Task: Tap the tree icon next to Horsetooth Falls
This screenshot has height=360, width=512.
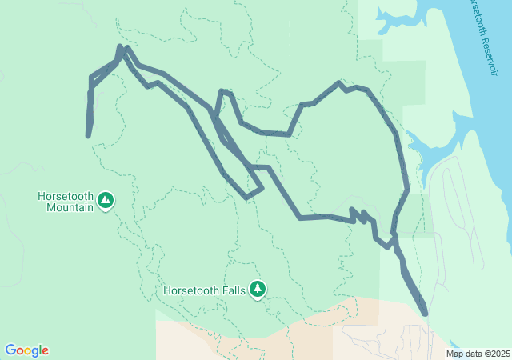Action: (257, 289)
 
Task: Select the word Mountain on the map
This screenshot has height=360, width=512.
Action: (66, 207)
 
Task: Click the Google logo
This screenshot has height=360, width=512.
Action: (26, 350)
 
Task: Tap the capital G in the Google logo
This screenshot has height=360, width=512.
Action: (10, 350)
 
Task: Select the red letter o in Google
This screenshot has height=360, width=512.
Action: (19, 351)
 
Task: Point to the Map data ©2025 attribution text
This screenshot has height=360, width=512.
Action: (477, 354)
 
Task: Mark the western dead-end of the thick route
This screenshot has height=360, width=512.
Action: (87, 135)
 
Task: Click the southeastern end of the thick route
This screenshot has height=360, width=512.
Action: (424, 314)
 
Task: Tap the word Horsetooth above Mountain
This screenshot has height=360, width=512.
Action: (66, 196)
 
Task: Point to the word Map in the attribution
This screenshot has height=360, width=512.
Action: (454, 354)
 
